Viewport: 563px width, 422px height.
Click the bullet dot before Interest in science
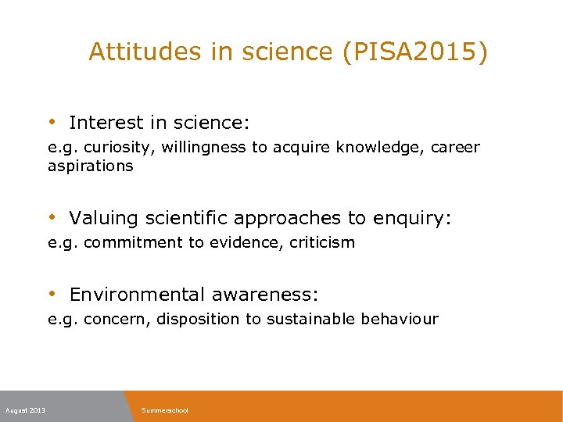click(52, 122)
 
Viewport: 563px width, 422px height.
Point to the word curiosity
click(117, 147)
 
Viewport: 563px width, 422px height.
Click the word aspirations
click(90, 166)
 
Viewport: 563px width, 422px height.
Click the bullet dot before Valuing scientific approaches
click(52, 217)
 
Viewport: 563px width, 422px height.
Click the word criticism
click(322, 242)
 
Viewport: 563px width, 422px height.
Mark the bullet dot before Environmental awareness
click(52, 294)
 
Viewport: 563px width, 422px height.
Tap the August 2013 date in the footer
click(25, 410)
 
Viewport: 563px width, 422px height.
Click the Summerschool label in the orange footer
click(165, 410)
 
